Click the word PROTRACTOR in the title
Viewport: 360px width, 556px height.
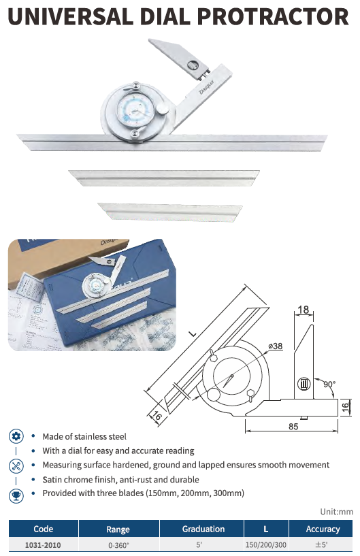pos(273,16)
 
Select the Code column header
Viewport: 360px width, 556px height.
pos(44,529)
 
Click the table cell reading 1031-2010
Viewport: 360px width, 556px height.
pos(43,545)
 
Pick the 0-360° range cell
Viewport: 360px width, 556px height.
pos(118,545)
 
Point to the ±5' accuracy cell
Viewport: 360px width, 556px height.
pos(321,544)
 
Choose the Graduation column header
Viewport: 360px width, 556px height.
pos(203,529)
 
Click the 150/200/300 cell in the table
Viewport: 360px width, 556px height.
pos(266,545)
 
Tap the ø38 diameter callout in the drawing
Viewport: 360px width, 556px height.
pos(276,346)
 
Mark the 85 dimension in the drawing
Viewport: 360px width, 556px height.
pos(293,426)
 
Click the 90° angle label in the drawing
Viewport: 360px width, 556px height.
pos(329,385)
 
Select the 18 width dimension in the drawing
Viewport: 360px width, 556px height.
pos(304,310)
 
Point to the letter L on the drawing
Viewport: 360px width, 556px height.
pos(192,333)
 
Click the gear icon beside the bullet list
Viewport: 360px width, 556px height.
pos(16,436)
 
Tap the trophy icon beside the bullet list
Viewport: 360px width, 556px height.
pos(16,495)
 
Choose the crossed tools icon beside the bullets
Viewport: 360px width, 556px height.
pos(16,465)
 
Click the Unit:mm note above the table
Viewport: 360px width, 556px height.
pos(337,512)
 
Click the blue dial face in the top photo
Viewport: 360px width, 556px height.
pos(133,110)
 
